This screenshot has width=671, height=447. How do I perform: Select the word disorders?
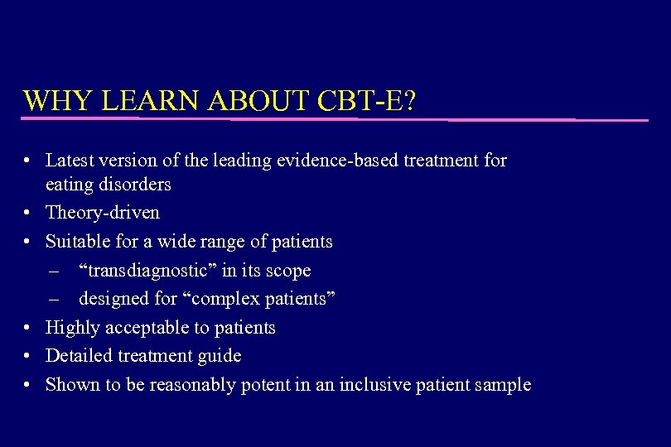133,184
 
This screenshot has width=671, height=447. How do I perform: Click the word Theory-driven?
103,213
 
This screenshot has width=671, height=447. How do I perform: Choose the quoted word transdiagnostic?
148,271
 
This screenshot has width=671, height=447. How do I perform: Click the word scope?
288,271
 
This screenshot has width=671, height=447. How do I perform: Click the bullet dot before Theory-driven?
28,213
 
